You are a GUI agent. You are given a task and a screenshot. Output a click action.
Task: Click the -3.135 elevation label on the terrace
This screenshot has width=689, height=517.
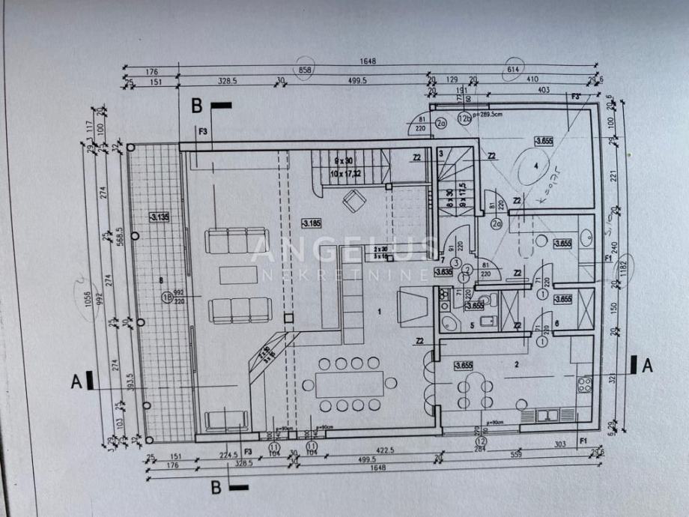pos(157,218)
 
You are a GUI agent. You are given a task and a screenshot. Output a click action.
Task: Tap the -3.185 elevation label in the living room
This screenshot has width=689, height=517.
pos(311,223)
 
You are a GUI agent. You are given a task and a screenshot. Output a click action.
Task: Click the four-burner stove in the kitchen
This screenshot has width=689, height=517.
pos(584,385)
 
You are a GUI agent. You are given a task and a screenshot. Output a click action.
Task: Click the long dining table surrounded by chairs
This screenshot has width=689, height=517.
pos(350,384)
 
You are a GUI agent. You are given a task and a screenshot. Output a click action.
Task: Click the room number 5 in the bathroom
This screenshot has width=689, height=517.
pos(472,326)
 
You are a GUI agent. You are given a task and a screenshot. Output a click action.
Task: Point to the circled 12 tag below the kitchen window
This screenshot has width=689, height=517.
pos(481,442)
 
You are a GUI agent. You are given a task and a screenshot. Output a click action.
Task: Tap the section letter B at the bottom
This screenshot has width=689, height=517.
pos(216,488)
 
